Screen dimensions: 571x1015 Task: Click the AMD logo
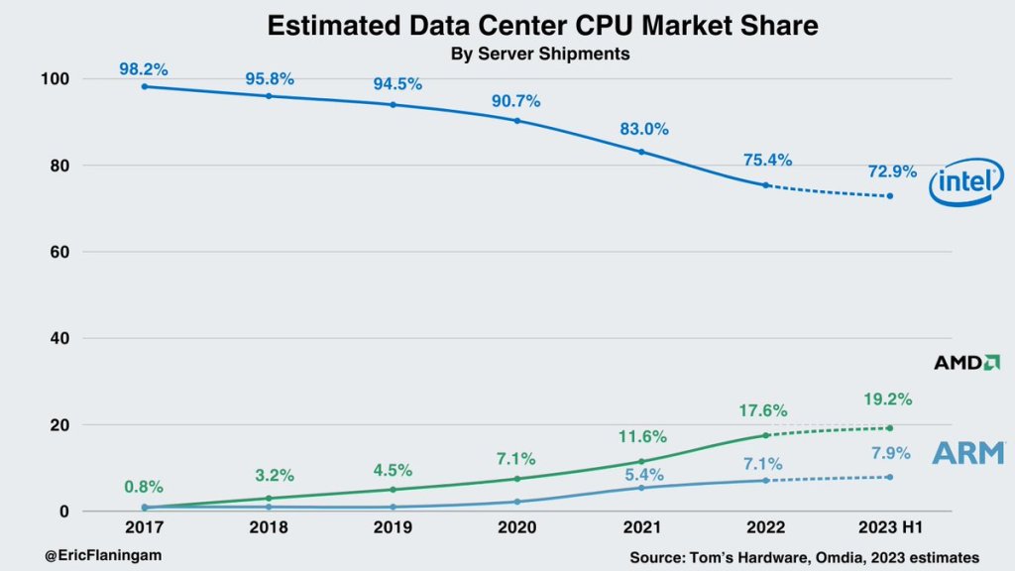[966, 363]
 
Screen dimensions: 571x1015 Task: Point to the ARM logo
[967, 453]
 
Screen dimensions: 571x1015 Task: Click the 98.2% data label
[144, 69]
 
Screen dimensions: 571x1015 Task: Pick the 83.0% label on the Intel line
[644, 129]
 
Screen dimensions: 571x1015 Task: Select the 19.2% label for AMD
[888, 400]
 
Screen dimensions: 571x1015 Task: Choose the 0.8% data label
[144, 487]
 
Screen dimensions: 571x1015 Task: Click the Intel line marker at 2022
[765, 184]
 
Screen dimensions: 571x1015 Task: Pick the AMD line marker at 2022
[765, 435]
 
